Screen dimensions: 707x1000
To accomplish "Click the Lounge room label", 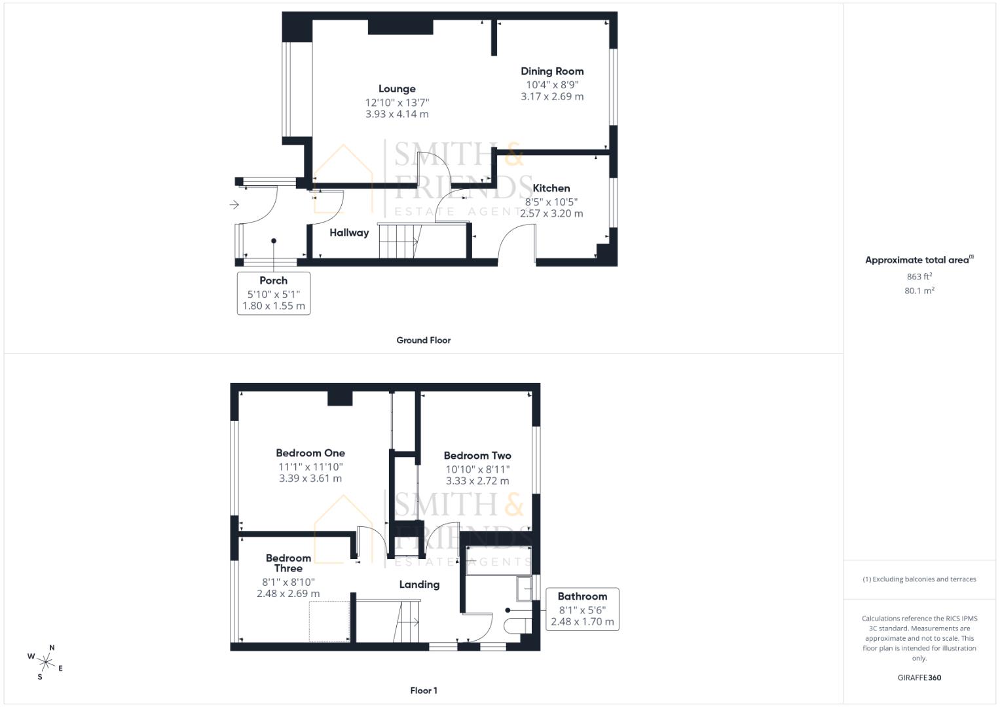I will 397,89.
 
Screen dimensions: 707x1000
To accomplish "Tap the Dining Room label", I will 552,71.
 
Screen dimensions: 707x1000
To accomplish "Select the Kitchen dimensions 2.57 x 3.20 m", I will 551,213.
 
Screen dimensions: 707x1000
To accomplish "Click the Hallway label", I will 349,233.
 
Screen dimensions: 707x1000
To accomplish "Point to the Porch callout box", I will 274,293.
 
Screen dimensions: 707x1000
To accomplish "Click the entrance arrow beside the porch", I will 234,205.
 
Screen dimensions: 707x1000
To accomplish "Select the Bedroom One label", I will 310,453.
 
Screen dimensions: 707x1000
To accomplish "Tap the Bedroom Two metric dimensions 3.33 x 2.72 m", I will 477,481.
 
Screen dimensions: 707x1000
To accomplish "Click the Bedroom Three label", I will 288,563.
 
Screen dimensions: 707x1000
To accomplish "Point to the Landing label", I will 419,585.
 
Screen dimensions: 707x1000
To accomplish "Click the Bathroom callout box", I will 582,609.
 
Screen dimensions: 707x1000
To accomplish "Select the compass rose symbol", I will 46,662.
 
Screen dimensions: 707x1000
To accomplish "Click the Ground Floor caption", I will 423,340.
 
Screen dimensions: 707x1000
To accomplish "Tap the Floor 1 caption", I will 423,691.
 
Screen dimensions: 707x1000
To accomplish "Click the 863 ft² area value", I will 919,277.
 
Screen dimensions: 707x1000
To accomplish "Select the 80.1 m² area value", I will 919,291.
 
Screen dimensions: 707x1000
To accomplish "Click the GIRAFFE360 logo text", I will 919,678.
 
